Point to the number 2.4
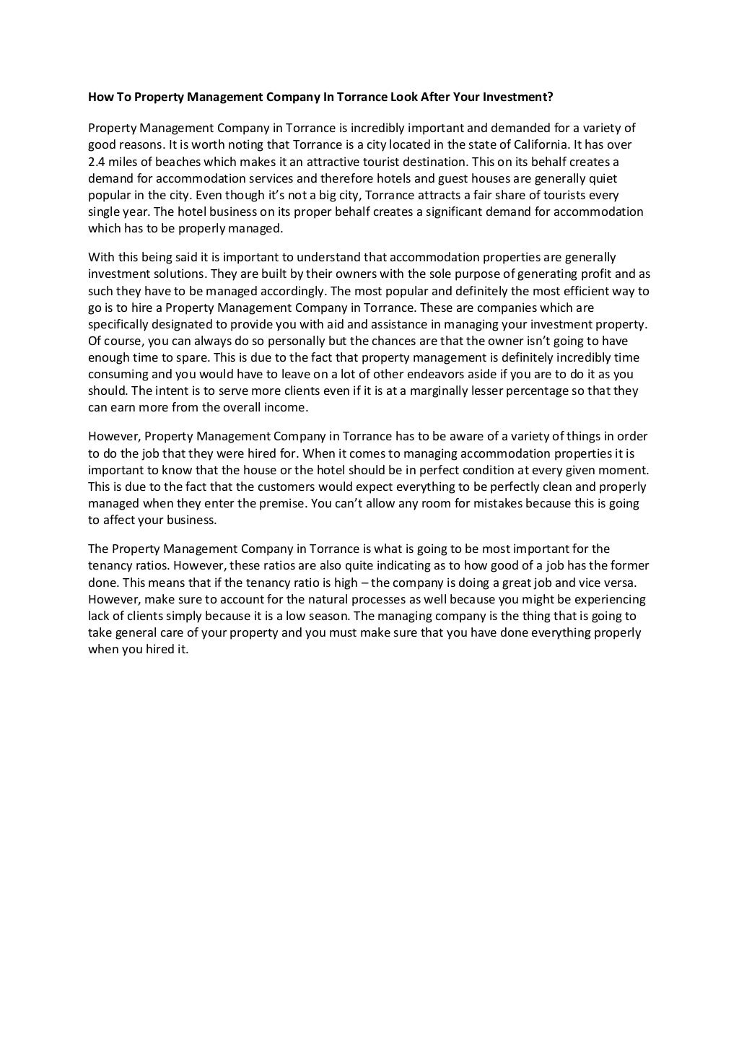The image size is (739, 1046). [96, 162]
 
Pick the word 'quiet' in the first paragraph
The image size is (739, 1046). [602, 178]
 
